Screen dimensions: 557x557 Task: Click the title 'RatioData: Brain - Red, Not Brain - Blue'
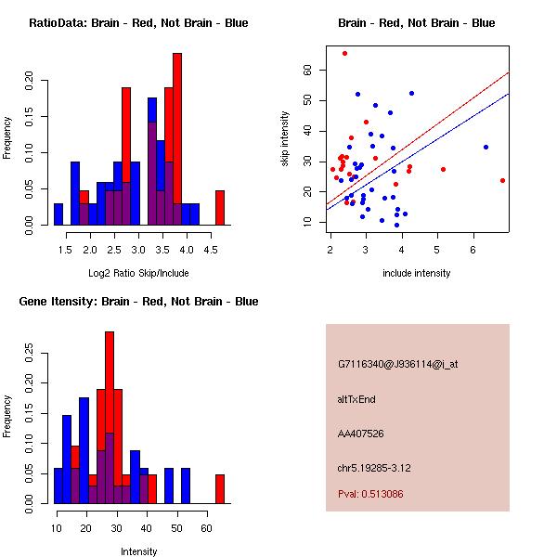pos(138,22)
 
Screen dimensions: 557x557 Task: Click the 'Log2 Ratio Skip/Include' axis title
pos(138,272)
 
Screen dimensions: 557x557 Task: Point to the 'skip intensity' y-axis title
pos(285,139)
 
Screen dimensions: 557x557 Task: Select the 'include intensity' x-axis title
pos(417,273)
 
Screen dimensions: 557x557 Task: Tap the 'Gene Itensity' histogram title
pos(138,302)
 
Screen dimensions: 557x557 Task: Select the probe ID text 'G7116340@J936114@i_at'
pos(398,364)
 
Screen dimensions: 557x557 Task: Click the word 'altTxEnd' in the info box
pos(356,399)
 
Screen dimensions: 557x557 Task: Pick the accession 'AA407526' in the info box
pos(361,434)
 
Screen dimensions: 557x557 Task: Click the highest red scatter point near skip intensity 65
pos(344,54)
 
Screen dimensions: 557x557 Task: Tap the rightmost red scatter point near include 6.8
pos(502,180)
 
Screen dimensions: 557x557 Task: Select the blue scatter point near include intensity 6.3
pos(486,147)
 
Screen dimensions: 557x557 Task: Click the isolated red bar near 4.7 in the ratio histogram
pos(220,207)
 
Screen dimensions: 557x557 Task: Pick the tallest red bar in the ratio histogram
pos(177,139)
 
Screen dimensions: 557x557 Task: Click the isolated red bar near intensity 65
pos(220,488)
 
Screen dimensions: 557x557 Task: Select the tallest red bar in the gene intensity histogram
pos(110,418)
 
